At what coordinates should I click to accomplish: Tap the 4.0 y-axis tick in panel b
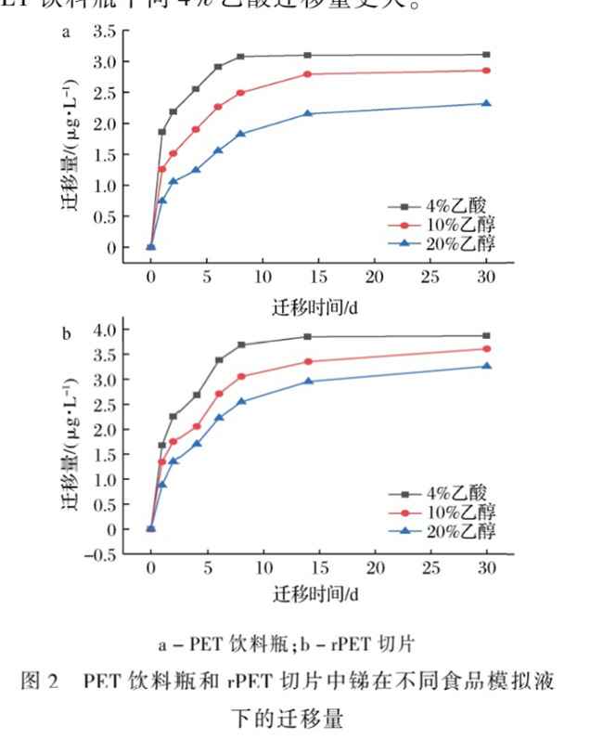[104, 330]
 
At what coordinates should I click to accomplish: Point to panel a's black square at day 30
[486, 55]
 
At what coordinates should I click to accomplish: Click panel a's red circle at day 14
[307, 74]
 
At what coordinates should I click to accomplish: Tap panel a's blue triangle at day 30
[486, 103]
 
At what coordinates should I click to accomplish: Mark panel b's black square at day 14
[307, 336]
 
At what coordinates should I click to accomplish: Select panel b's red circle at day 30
[486, 349]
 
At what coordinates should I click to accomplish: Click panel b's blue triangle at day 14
[307, 381]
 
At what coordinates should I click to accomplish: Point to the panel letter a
[66, 33]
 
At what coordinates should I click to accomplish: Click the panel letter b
[66, 331]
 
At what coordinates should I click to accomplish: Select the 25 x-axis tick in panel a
[430, 277]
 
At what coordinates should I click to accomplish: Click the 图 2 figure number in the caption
[40, 682]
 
